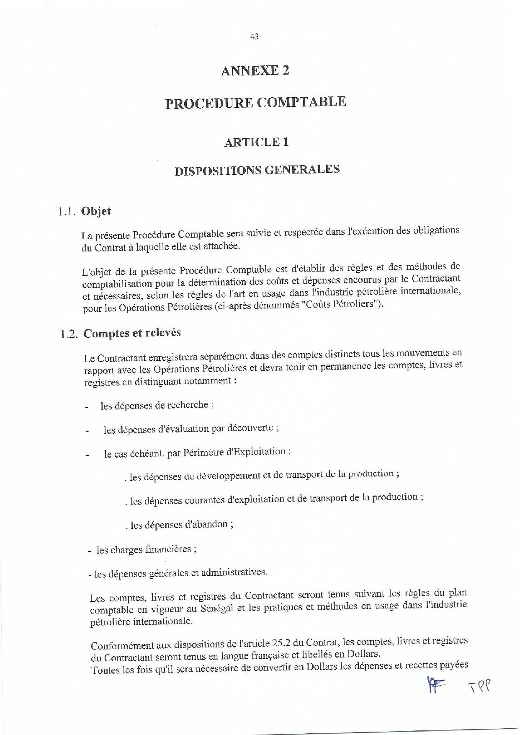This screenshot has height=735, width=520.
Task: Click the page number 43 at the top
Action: point(254,36)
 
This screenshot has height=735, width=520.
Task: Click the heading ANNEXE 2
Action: point(255,70)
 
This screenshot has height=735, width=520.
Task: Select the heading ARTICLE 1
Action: point(256,142)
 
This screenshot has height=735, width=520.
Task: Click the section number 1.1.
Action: point(67,212)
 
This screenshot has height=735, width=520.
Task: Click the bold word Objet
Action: point(96,211)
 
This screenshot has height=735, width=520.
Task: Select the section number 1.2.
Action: point(69,334)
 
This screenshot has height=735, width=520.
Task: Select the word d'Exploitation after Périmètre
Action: point(256,452)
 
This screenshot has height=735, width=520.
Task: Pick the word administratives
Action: point(233,572)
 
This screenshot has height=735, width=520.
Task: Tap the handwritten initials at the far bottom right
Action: point(478,685)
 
